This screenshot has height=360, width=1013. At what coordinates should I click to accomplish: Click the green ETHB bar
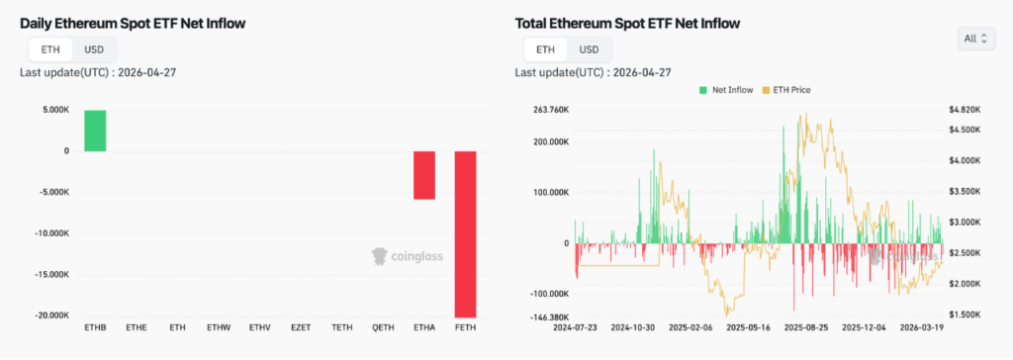click(95, 131)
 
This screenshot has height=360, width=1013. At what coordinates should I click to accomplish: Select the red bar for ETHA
click(424, 175)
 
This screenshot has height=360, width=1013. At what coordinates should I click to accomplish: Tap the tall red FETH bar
click(465, 233)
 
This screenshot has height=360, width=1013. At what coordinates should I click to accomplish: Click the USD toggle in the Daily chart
click(94, 49)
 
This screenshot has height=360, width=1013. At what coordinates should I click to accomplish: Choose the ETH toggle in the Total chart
click(545, 49)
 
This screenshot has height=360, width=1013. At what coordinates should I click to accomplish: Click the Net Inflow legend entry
click(729, 90)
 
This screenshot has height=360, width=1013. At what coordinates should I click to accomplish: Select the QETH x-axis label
click(383, 326)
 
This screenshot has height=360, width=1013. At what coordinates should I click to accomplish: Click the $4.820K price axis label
click(964, 110)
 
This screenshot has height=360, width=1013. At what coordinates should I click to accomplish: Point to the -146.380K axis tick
click(550, 315)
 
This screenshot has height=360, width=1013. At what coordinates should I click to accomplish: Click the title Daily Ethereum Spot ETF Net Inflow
click(134, 23)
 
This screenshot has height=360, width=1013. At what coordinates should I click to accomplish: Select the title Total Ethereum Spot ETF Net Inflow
click(627, 23)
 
